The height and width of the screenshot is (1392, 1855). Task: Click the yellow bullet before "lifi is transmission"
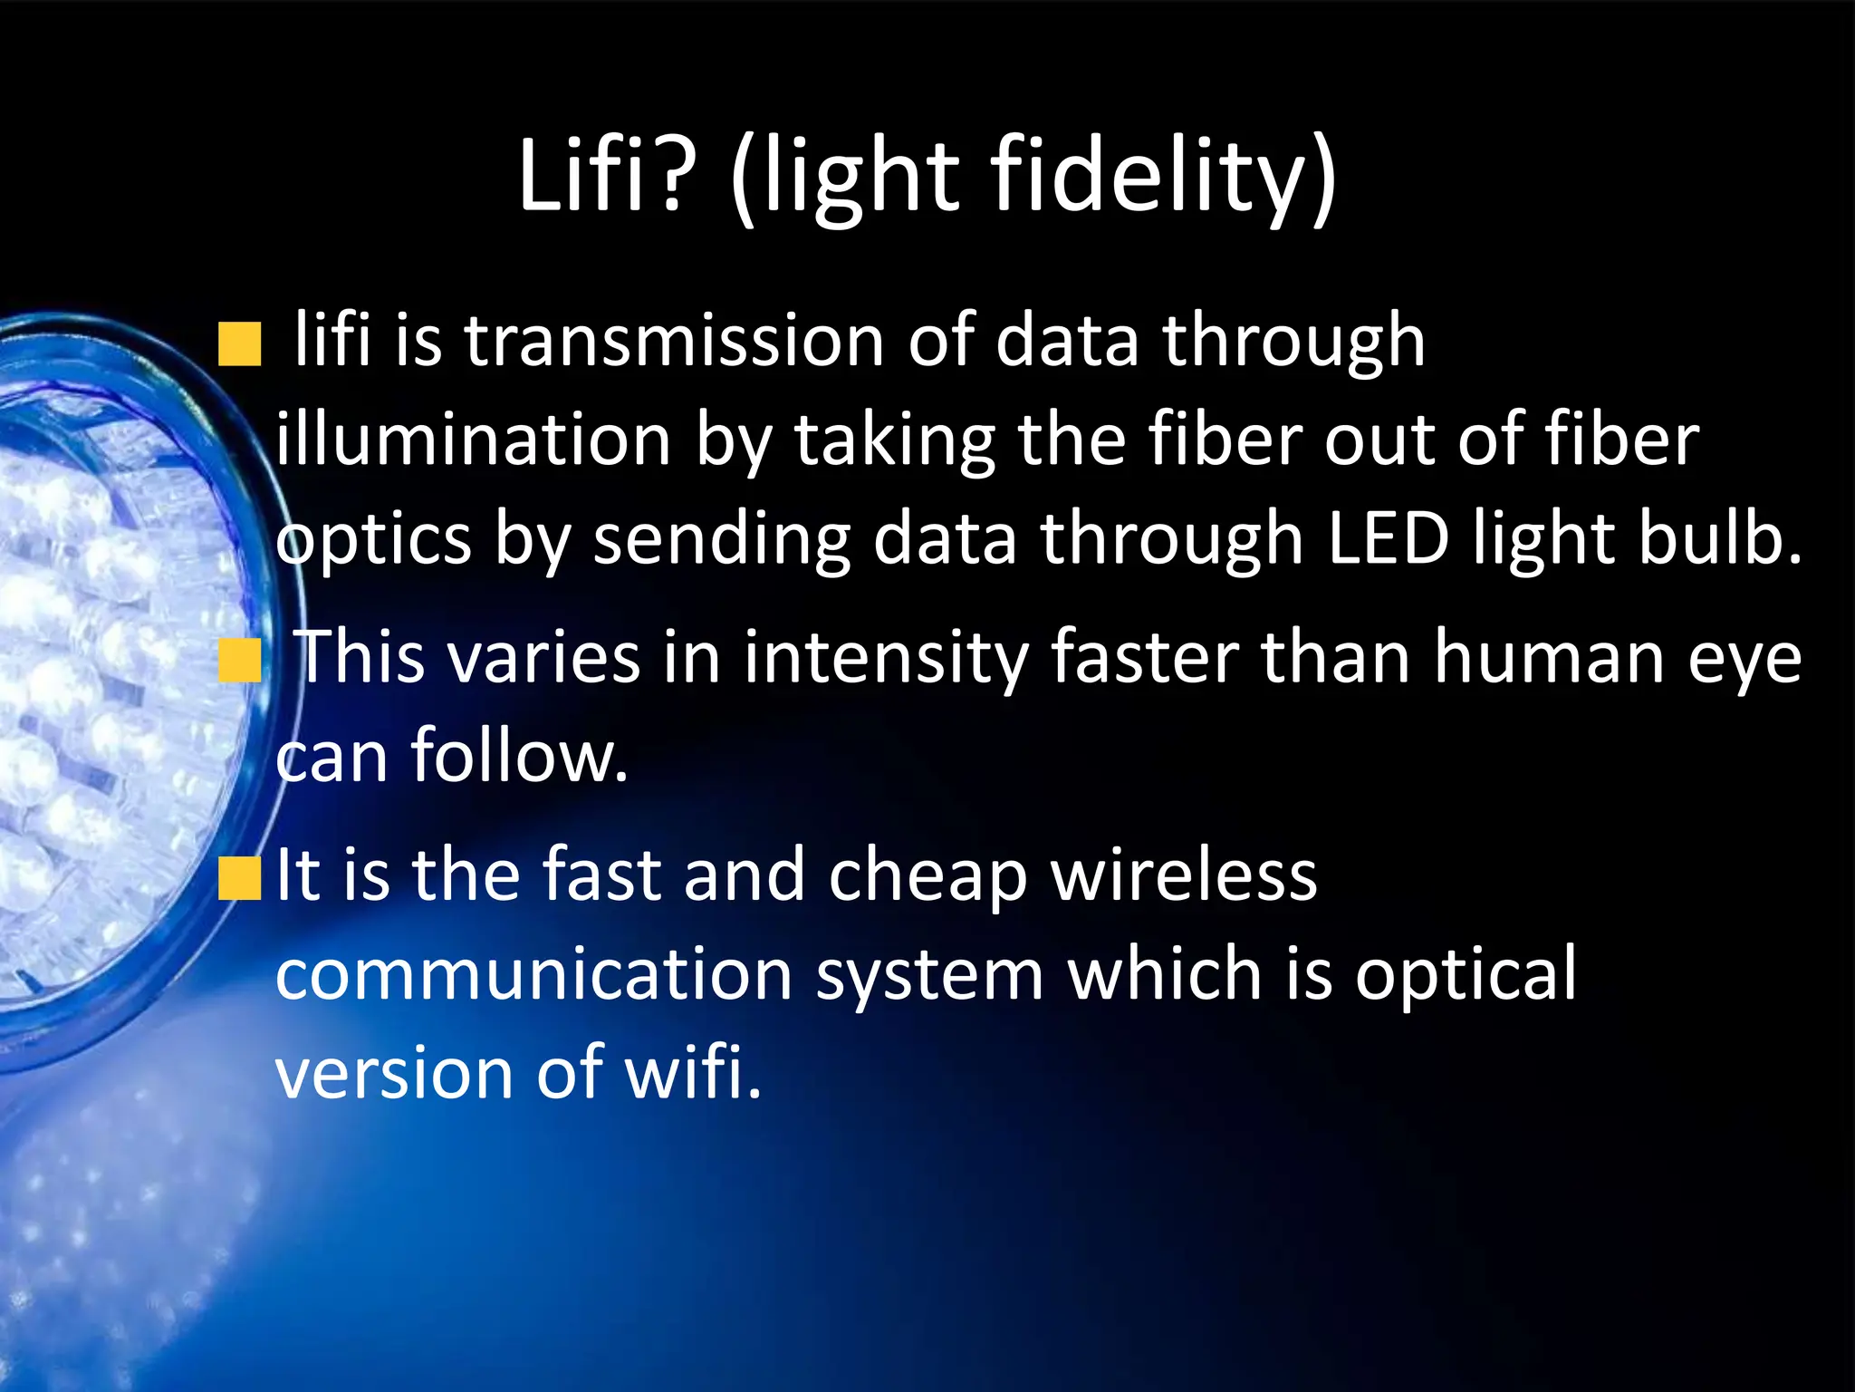pos(239,344)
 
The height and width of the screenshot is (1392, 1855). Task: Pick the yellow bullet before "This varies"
pos(239,660)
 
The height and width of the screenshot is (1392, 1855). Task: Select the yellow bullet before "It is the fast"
pos(239,877)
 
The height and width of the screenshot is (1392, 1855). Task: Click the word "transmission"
pos(674,341)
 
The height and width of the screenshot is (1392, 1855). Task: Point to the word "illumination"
pos(473,440)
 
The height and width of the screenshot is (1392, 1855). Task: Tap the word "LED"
pos(1389,538)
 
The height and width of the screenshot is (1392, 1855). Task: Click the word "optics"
pos(373,540)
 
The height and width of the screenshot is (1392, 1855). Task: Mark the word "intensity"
pos(886,658)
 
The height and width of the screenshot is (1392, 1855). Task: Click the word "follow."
pos(519,756)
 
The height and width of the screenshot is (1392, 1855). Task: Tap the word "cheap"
pos(927,877)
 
